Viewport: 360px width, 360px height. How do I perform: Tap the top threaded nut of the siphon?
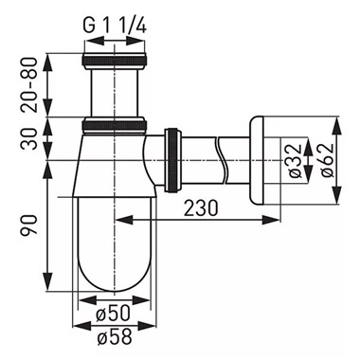click(112, 63)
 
